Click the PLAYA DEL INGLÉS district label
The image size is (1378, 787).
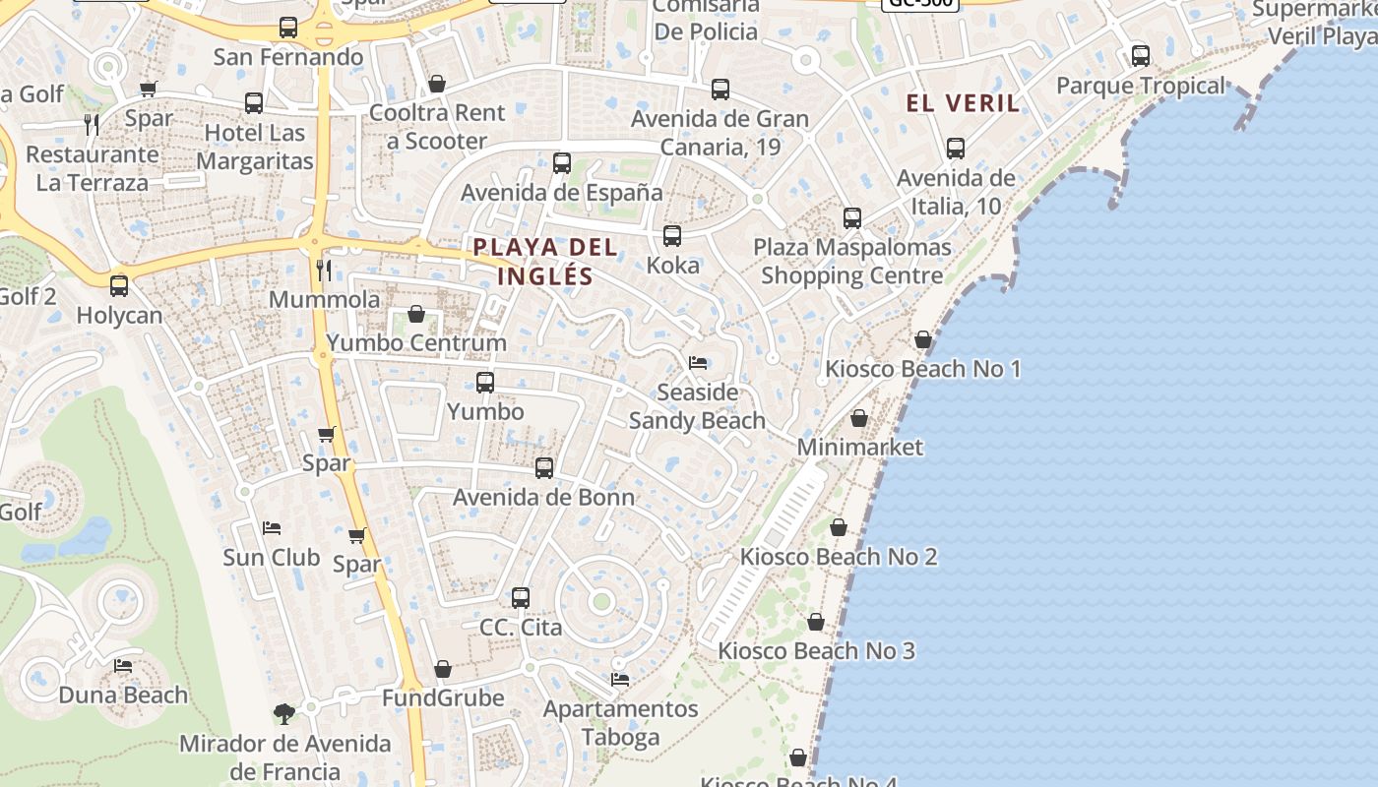(x=545, y=261)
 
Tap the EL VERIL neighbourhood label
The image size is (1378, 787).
(x=963, y=103)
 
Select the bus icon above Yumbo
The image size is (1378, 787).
(x=485, y=383)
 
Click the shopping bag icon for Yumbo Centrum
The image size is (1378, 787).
(x=416, y=315)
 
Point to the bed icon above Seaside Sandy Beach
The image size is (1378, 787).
(x=698, y=363)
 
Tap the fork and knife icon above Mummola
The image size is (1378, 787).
(x=323, y=270)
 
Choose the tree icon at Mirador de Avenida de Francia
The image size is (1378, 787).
(x=284, y=713)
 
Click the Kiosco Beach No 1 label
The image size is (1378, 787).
(x=922, y=369)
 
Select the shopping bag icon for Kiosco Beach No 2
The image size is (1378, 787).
(x=839, y=528)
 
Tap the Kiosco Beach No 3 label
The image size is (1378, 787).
(x=816, y=650)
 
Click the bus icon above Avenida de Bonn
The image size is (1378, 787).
(x=544, y=468)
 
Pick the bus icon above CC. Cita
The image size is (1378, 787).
(x=521, y=597)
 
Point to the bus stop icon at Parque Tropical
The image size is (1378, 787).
(x=1141, y=56)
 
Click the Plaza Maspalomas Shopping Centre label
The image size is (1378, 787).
(x=852, y=261)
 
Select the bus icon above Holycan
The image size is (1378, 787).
(x=119, y=286)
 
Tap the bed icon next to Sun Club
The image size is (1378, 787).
(x=272, y=528)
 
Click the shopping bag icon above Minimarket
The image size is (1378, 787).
(x=859, y=419)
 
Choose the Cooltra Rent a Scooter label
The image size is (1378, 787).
(x=436, y=127)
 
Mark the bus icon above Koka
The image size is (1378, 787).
(x=672, y=236)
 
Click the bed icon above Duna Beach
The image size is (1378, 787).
(x=123, y=666)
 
